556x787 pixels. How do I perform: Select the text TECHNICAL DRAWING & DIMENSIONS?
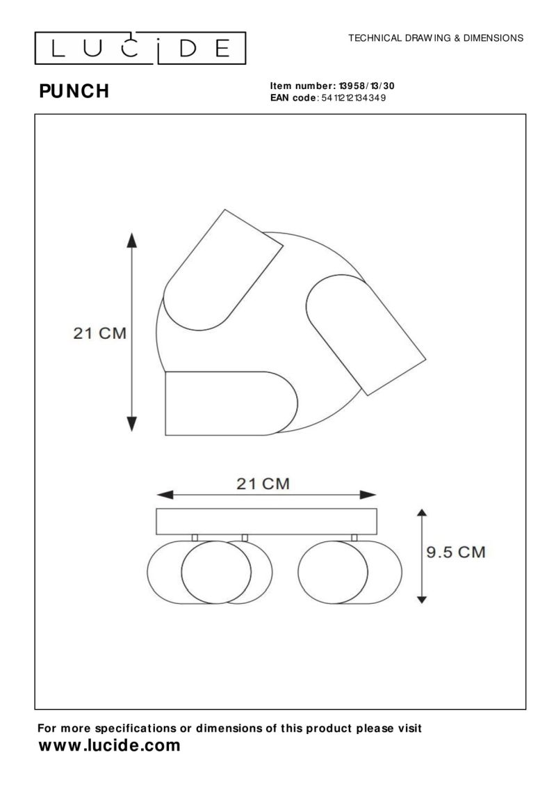coord(436,38)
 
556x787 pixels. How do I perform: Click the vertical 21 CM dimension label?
coord(100,333)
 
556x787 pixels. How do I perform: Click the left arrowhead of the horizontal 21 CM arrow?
coord(163,495)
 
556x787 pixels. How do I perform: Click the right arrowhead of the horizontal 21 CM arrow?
coord(368,495)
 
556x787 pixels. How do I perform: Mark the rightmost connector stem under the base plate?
coord(354,537)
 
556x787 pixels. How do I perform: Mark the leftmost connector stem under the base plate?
coord(195,537)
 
